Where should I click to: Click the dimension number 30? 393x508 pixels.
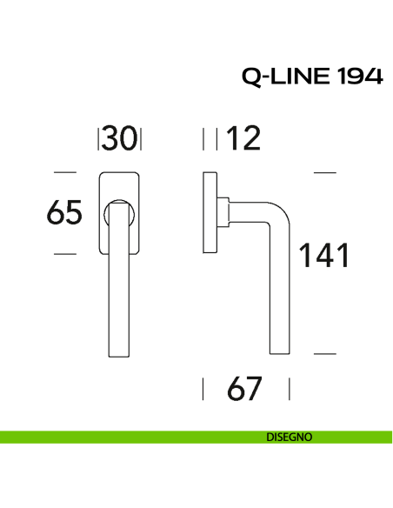click(121, 138)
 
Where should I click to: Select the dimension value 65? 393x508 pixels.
click(65, 213)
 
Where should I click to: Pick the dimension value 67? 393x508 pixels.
click(244, 389)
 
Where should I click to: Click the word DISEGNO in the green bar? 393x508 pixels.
click(290, 438)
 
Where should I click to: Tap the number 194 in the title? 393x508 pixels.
click(358, 77)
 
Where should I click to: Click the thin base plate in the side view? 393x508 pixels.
click(210, 213)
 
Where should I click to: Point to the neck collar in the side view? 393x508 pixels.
click(223, 213)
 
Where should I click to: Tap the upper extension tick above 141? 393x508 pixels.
click(324, 173)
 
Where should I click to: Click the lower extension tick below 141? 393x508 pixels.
click(324, 353)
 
